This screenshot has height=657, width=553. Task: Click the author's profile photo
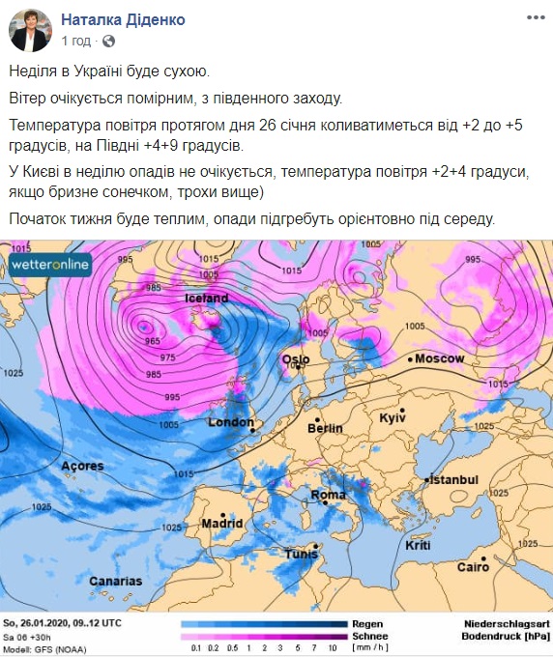pyautogui.click(x=31, y=31)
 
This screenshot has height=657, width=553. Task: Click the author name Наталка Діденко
pyautogui.click(x=123, y=20)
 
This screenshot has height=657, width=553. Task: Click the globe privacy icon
pyautogui.click(x=108, y=42)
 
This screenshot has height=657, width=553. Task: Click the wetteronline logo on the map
pyautogui.click(x=49, y=264)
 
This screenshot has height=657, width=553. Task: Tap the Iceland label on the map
pyautogui.click(x=206, y=299)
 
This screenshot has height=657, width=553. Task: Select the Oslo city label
pyautogui.click(x=296, y=359)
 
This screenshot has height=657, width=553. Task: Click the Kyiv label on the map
pyautogui.click(x=392, y=417)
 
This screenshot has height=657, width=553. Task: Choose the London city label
pyautogui.click(x=231, y=422)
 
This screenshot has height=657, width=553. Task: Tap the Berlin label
pyautogui.click(x=325, y=427)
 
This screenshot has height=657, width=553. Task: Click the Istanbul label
pyautogui.click(x=453, y=479)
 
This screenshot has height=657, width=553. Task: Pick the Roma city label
pyautogui.click(x=328, y=495)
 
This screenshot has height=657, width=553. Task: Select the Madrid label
pyautogui.click(x=221, y=523)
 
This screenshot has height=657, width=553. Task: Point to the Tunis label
pyautogui.click(x=301, y=554)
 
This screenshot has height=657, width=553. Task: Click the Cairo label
pyautogui.click(x=473, y=565)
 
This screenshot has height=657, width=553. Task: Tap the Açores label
pyautogui.click(x=82, y=466)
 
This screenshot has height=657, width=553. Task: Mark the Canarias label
pyautogui.click(x=115, y=581)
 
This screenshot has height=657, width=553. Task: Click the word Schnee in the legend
pyautogui.click(x=370, y=636)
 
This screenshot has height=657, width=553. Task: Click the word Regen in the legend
pyautogui.click(x=368, y=623)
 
